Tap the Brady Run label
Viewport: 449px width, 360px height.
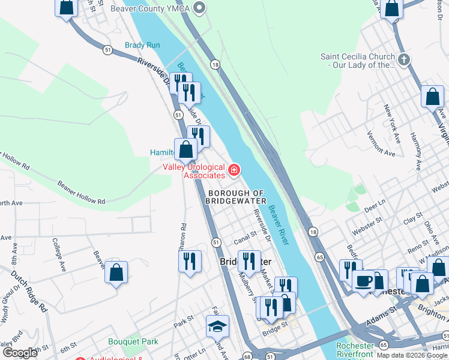click(x=142, y=46)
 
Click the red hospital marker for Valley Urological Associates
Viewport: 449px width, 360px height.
click(x=234, y=171)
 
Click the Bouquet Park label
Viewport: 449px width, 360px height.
click(x=133, y=341)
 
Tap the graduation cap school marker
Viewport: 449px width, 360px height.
click(x=217, y=326)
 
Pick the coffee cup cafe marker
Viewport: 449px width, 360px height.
click(x=363, y=280)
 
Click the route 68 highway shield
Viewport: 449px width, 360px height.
click(x=247, y=356)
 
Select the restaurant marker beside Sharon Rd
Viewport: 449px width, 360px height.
click(x=189, y=261)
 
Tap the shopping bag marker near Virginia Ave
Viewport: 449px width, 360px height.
click(x=432, y=97)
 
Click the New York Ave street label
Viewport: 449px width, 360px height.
click(x=393, y=119)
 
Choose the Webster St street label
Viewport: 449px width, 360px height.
click(x=367, y=223)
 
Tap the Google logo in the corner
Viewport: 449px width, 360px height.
click(x=20, y=352)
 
